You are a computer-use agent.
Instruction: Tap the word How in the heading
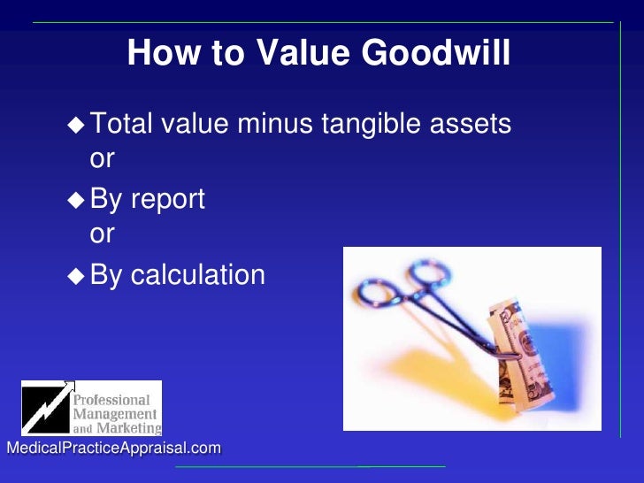coord(157,54)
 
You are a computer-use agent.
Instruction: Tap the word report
coord(167,200)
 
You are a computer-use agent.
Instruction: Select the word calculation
coord(198,275)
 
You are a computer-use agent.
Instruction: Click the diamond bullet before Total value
coord(77,126)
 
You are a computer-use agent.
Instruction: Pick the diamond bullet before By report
coord(77,200)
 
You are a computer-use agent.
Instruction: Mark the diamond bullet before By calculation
coord(77,275)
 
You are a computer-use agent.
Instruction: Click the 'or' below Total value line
coord(103,158)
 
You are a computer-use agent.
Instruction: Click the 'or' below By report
coord(103,234)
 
